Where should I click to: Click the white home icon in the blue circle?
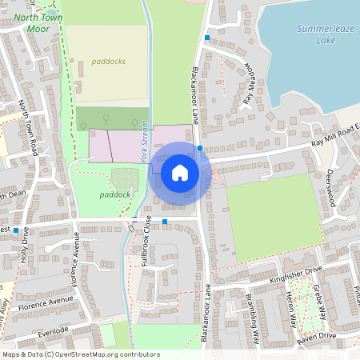[180, 173]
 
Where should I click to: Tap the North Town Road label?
[28, 128]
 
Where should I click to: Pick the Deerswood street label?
[330, 188]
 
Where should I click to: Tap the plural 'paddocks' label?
[108, 61]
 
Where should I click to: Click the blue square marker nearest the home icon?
[200, 148]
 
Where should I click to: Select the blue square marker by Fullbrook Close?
[165, 221]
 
